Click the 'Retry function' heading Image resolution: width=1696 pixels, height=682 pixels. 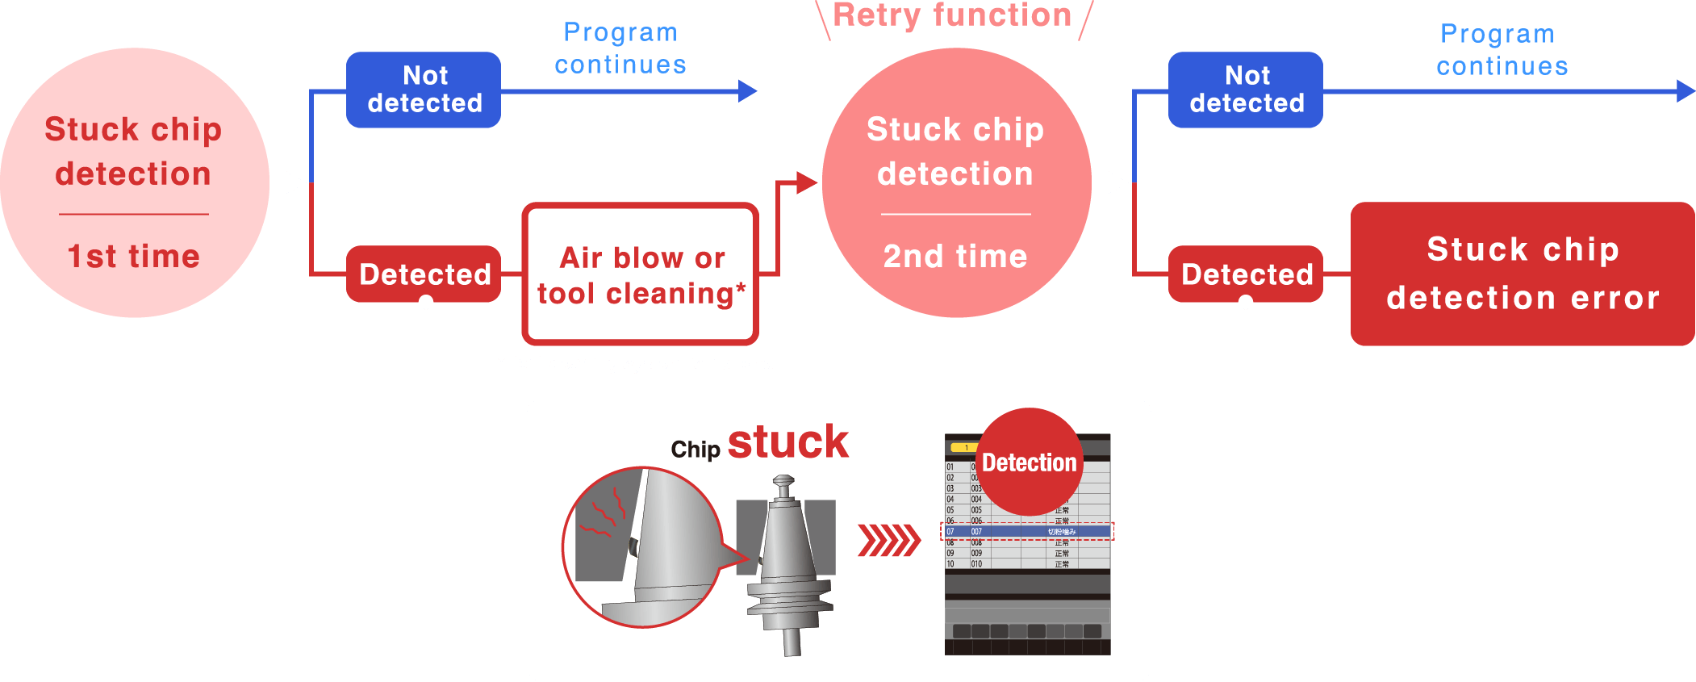coord(952,16)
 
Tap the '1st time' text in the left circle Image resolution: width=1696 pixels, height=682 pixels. coord(133,257)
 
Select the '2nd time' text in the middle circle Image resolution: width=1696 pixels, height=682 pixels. coord(955,257)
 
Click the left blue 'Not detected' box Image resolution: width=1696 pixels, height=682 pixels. coord(424,90)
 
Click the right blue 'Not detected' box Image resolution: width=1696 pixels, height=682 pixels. coord(1246,90)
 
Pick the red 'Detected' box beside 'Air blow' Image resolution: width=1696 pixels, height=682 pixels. coord(424,274)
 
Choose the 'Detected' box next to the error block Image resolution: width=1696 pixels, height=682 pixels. coord(1246,274)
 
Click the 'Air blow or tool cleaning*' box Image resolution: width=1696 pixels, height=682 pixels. coord(641,274)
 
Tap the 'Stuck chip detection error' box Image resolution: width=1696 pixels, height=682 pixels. coord(1523,274)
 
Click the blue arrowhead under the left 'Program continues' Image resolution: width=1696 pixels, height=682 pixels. coord(748,91)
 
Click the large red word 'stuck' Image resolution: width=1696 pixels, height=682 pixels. coord(787,442)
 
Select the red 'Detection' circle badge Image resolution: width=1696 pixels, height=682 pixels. coord(1029,462)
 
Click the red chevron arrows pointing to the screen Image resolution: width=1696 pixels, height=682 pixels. coord(888,541)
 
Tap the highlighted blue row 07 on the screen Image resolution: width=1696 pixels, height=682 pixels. coord(1027,531)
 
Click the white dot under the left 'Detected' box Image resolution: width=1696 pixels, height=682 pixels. coord(426,302)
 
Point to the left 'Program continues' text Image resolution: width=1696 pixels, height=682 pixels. coord(620,48)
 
